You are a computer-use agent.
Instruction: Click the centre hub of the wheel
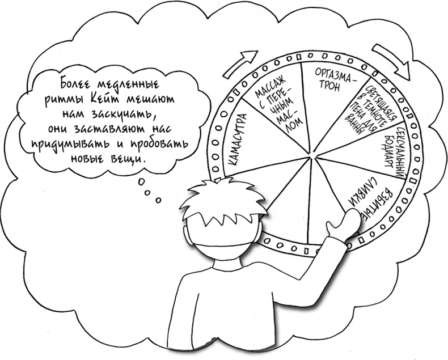click(x=310, y=153)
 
